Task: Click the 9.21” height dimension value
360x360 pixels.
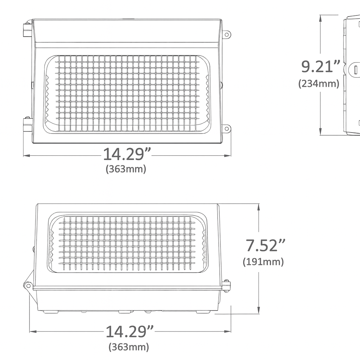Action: pos(321,66)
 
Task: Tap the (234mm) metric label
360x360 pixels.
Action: pos(319,84)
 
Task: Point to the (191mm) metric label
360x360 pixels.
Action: pos(263,262)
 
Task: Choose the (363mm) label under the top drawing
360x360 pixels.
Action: pos(126,169)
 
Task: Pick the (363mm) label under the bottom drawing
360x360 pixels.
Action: pos(129,347)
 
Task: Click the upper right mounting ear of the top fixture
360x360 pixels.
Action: pos(227,34)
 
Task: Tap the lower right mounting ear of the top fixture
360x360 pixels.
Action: pos(227,129)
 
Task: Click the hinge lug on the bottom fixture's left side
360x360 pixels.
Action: pos(28,285)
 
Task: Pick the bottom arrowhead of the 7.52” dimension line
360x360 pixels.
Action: pos(259,311)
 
